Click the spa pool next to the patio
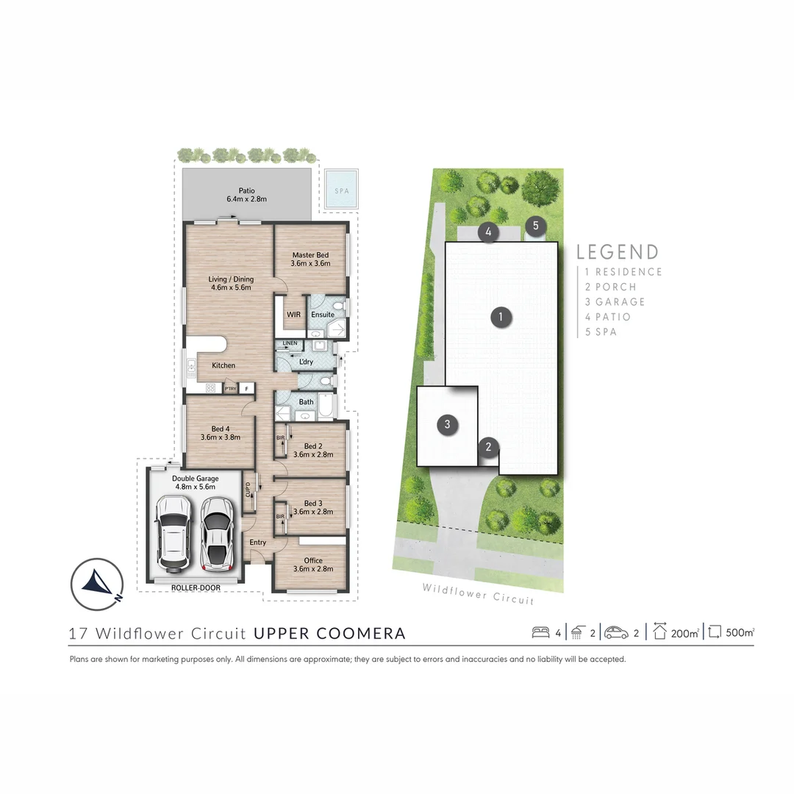(342, 189)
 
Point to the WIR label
(293, 315)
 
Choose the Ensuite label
(322, 315)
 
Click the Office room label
(312, 565)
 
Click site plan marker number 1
(501, 318)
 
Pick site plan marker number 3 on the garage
(446, 424)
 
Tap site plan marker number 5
(536, 226)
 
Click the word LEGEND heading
(618, 252)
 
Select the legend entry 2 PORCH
(610, 287)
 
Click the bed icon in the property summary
(540, 632)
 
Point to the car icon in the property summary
(616, 632)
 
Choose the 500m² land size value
(739, 632)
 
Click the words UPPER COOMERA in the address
(329, 633)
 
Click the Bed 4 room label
(221, 433)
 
